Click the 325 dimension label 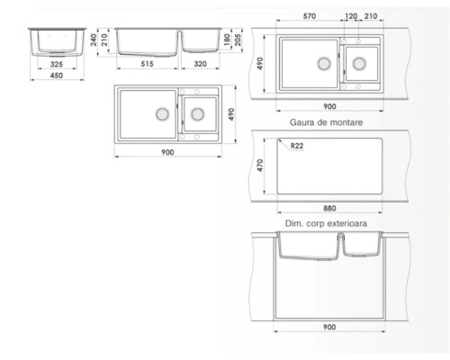point(56,65)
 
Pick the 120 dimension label point(350,16)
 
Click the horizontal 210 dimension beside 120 point(371,16)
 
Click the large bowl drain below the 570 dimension point(323,64)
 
